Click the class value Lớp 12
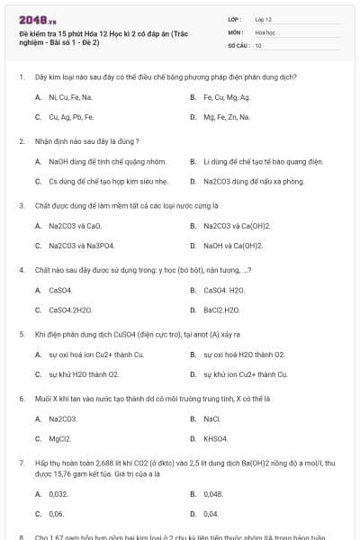tap(264, 19)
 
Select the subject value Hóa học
tap(265, 31)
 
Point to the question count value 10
tap(258, 44)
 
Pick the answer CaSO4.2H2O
tap(70, 310)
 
